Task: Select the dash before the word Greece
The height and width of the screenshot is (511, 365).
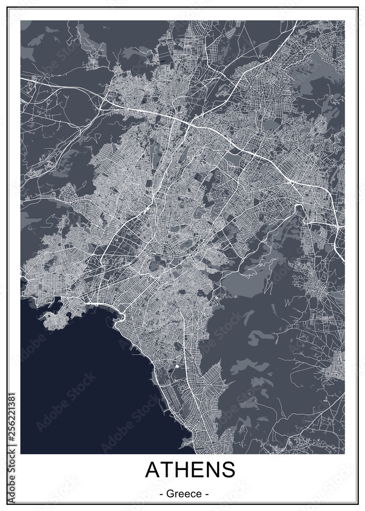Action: (x=162, y=495)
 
